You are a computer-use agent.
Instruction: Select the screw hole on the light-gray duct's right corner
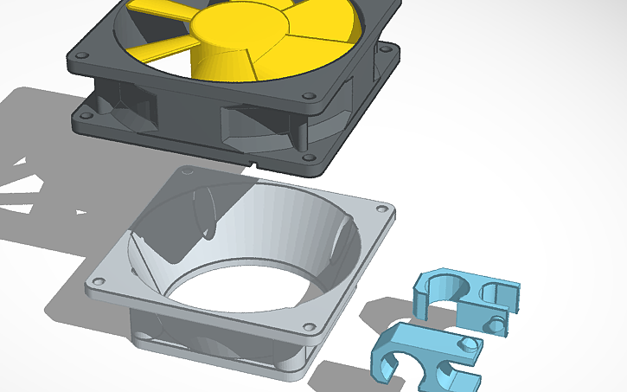tap(381, 209)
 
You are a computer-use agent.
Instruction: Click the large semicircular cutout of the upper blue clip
tap(449, 290)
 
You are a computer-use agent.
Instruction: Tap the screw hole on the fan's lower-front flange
tap(304, 156)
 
